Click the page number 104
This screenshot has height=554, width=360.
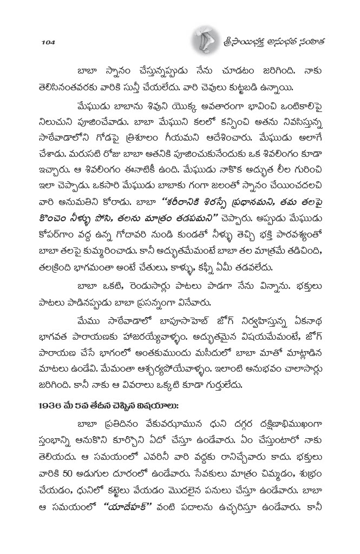click(x=48, y=42)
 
